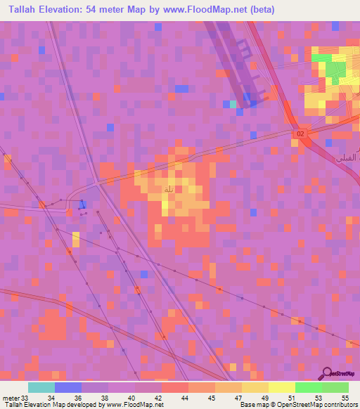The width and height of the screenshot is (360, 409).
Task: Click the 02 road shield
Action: pos(301,134)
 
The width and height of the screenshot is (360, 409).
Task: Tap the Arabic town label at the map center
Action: pos(168,190)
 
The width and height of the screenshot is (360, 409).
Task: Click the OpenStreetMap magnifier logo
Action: pos(327,374)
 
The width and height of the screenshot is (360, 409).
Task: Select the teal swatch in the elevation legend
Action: pos(41,387)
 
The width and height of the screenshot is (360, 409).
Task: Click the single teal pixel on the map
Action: pos(233,104)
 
